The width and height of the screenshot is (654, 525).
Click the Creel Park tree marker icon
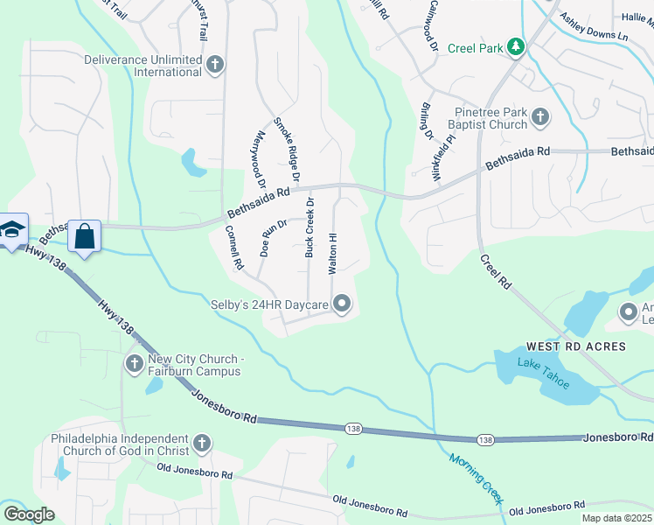517,46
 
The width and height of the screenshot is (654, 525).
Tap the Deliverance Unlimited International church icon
215,64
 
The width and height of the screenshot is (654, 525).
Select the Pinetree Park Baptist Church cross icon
540,116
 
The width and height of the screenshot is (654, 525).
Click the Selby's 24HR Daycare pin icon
342,304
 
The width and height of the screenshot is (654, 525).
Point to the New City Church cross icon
135,363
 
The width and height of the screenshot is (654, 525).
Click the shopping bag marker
85,235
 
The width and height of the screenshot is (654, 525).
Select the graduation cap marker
12,230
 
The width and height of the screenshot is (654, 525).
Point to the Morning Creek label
476,479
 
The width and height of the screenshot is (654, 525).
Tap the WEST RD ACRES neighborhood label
576,346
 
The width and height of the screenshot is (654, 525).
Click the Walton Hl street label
332,254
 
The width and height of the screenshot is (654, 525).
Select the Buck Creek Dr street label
310,227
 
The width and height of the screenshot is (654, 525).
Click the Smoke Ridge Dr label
287,150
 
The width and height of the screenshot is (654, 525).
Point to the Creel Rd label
495,272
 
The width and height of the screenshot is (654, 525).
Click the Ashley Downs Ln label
594,27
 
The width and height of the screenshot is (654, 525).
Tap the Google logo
29,514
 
